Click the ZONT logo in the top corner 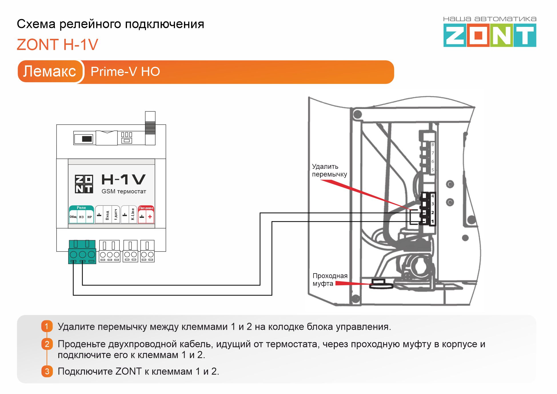[x=490, y=35]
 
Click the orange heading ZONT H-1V [x=57, y=45]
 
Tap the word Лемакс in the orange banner [x=50, y=71]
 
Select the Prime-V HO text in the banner [x=125, y=72]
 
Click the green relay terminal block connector [x=82, y=252]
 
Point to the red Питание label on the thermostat [x=146, y=208]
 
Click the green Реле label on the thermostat [x=81, y=208]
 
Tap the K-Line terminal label [x=133, y=214]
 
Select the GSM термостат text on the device [x=124, y=191]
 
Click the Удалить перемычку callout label [x=329, y=170]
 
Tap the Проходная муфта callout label [x=330, y=280]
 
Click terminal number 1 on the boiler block [x=432, y=222]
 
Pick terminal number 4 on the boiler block [x=433, y=196]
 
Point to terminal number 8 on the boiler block [x=433, y=144]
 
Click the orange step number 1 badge [x=47, y=326]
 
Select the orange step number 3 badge [x=47, y=371]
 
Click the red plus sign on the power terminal [x=150, y=217]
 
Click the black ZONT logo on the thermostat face [x=84, y=184]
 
